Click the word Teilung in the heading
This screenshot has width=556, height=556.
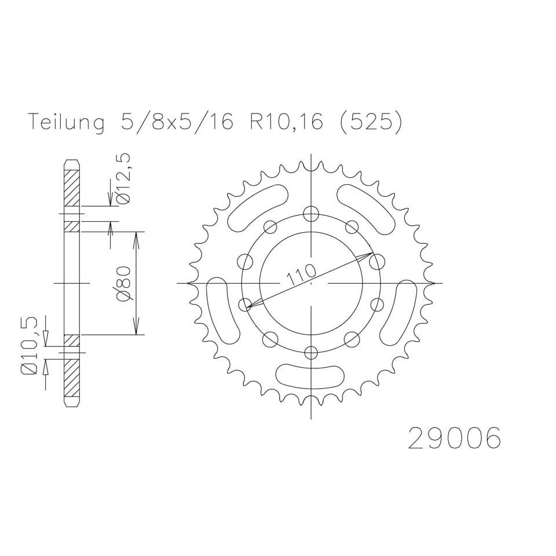(x=65, y=123)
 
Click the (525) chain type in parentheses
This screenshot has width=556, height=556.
(x=369, y=123)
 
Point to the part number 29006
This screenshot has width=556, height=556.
(x=454, y=438)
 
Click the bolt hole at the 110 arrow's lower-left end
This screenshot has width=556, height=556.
(x=246, y=304)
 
